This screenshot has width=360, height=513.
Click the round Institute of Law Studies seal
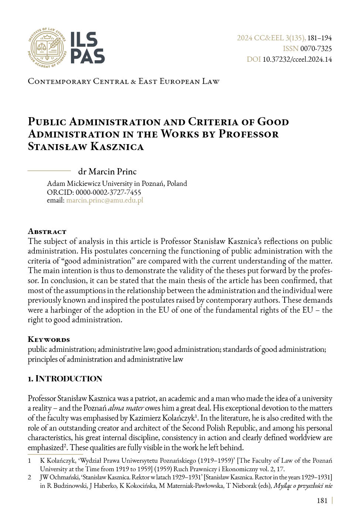click(x=47, y=47)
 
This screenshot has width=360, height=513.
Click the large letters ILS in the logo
click(x=84, y=40)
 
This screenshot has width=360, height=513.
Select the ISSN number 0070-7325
click(x=316, y=48)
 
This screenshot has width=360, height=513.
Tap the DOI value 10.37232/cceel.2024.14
click(x=297, y=59)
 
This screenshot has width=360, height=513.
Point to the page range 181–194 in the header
click(x=320, y=38)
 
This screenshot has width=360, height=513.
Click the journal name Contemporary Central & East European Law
click(x=123, y=81)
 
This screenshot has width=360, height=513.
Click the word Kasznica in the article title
click(x=117, y=146)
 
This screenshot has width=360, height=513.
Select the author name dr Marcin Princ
click(x=107, y=171)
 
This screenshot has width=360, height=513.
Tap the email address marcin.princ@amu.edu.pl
click(x=105, y=200)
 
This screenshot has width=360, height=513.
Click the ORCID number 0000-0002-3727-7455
click(x=108, y=192)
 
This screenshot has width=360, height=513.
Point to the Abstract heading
click(x=47, y=231)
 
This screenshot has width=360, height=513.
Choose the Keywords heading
click(x=49, y=339)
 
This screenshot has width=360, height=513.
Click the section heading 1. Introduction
click(x=65, y=378)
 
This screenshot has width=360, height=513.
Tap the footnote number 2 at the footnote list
click(x=30, y=477)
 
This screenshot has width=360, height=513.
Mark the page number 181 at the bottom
click(x=322, y=500)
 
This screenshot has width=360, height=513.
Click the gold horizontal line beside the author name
click(x=49, y=171)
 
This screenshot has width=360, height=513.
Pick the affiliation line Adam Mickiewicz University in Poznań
click(x=117, y=183)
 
